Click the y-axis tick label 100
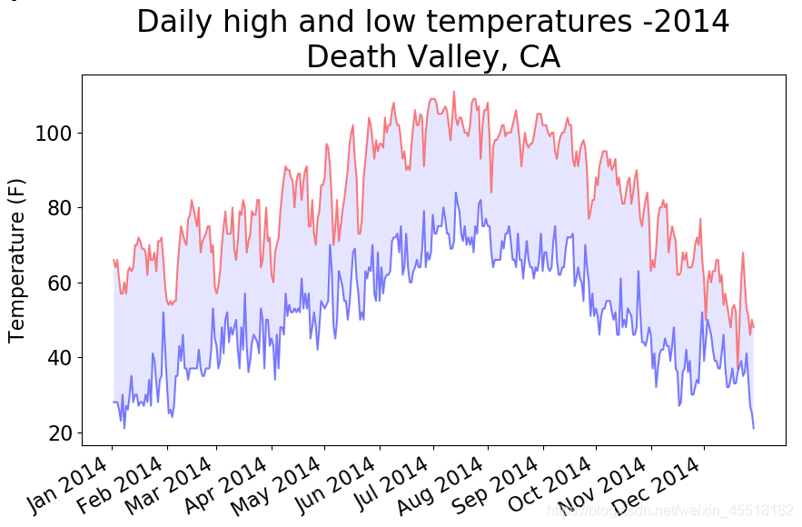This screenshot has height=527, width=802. click(52, 134)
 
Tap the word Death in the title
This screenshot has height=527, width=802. click(349, 57)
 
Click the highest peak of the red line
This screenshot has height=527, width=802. click(454, 92)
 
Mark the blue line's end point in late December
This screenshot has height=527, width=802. click(753, 428)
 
